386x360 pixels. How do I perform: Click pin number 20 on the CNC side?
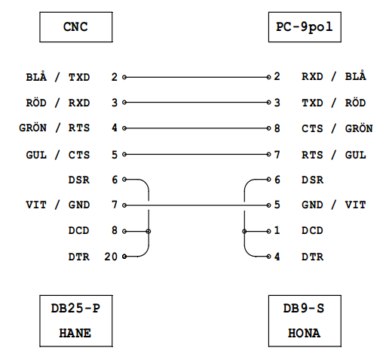pyautogui.click(x=111, y=257)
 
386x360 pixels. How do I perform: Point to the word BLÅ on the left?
pyautogui.click(x=36, y=76)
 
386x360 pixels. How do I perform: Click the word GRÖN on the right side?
pyautogui.click(x=359, y=128)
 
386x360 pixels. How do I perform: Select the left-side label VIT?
pyautogui.click(x=36, y=205)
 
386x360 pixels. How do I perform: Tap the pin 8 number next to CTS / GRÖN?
pyautogui.click(x=277, y=128)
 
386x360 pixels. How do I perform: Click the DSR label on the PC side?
pyautogui.click(x=312, y=180)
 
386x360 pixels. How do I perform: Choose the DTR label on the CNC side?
pyautogui.click(x=79, y=257)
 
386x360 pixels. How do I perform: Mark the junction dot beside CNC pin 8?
pyautogui.click(x=149, y=231)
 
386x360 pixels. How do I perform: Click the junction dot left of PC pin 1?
pyautogui.click(x=244, y=231)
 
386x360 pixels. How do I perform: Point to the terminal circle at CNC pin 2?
pyautogui.click(x=124, y=77)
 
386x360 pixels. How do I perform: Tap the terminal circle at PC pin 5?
pyautogui.click(x=268, y=205)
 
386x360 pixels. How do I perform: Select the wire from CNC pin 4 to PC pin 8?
pyautogui.click(x=197, y=128)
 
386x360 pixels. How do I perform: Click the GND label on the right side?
pyautogui.click(x=312, y=205)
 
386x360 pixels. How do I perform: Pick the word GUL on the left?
pyautogui.click(x=36, y=155)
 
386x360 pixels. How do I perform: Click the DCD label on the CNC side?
pyautogui.click(x=78, y=231)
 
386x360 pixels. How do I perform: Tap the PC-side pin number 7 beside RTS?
pyautogui.click(x=277, y=155)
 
